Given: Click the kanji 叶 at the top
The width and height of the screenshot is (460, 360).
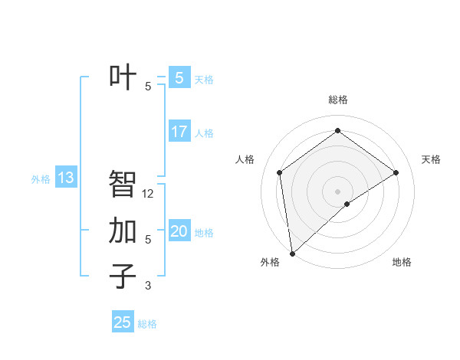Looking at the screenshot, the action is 123,77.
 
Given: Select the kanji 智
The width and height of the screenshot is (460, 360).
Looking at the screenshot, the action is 123,184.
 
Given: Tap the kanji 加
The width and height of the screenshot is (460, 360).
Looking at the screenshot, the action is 123,231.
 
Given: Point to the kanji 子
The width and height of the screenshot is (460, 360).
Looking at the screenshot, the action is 123,277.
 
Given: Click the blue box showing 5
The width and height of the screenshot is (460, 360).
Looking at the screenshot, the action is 179,77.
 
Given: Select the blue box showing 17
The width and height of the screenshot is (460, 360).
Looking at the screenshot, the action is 179,131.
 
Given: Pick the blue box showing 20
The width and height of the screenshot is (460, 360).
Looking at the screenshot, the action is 179,231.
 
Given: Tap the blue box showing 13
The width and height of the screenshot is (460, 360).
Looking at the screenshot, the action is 66,178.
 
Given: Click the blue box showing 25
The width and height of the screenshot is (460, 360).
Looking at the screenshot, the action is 123,322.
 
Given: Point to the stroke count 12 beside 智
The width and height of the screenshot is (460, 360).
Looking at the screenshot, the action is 148,194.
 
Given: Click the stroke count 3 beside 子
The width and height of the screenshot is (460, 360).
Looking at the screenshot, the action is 148,286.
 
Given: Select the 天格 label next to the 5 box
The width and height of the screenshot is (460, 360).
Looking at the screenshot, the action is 204,80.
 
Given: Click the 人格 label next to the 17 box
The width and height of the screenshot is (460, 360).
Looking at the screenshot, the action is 204,133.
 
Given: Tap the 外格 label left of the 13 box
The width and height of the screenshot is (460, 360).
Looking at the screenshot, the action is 41,179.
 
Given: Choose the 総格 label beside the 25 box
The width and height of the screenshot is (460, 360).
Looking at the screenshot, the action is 147,324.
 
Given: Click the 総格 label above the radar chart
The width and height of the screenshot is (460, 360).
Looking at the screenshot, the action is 337,100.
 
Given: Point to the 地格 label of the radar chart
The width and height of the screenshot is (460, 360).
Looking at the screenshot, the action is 402,262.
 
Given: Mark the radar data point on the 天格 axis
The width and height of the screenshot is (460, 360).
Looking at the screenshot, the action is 396,172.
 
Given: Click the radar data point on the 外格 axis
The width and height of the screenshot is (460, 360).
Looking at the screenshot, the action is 291,254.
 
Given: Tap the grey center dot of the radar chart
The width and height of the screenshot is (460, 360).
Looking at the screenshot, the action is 337,191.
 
